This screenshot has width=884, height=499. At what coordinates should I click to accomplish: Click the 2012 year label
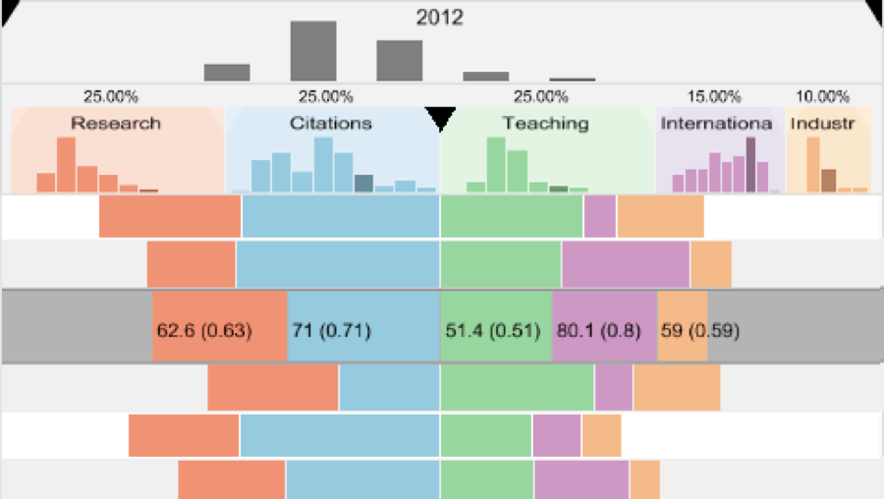click(x=439, y=18)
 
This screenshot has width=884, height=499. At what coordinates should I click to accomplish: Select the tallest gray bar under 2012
click(x=313, y=51)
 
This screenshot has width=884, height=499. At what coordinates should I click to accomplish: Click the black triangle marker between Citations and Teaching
click(x=441, y=119)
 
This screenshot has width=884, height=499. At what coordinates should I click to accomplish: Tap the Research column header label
click(x=116, y=124)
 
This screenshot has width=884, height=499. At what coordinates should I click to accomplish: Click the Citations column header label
click(x=330, y=124)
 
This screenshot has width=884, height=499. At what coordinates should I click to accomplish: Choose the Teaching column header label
click(x=545, y=124)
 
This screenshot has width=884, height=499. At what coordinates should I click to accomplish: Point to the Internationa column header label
click(x=719, y=124)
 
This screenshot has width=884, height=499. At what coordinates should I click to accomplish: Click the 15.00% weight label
click(x=714, y=96)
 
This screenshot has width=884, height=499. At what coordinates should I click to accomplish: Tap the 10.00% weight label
click(x=822, y=96)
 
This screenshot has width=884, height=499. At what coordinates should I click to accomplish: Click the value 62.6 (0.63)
click(x=204, y=330)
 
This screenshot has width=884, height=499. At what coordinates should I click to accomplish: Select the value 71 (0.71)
click(x=331, y=330)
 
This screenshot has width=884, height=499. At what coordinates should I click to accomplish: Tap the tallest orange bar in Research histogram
click(x=66, y=164)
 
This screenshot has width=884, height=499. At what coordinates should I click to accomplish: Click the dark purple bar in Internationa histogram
click(x=751, y=164)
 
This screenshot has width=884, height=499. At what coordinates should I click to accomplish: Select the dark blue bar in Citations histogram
click(x=363, y=183)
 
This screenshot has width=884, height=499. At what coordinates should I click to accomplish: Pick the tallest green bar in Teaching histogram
click(x=496, y=164)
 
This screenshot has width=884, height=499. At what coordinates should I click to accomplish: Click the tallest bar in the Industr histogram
click(x=813, y=164)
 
